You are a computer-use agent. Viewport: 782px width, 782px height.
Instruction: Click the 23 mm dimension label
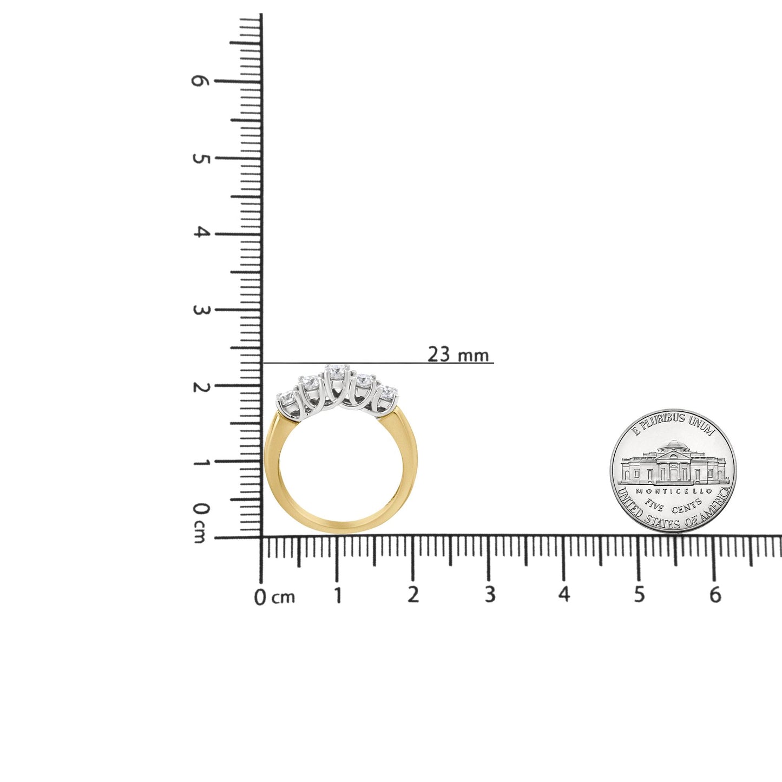point(458,354)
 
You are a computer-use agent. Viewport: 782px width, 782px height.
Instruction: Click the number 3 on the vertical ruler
point(200,310)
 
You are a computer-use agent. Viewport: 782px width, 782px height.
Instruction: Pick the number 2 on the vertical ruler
point(200,386)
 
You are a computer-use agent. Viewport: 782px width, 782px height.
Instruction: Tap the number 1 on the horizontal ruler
point(338,595)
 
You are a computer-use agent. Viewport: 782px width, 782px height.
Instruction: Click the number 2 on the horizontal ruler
point(413,595)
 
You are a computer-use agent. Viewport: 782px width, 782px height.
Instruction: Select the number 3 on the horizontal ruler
point(490,595)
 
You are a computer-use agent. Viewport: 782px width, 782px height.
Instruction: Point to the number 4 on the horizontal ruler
point(564,595)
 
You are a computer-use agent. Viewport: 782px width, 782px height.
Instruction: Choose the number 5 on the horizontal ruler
point(640,595)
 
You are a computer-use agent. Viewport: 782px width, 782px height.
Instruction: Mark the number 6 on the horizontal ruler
point(715,595)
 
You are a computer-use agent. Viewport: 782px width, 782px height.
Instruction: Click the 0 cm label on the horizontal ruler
point(274,597)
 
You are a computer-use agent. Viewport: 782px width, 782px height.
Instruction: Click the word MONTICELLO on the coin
point(673,490)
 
